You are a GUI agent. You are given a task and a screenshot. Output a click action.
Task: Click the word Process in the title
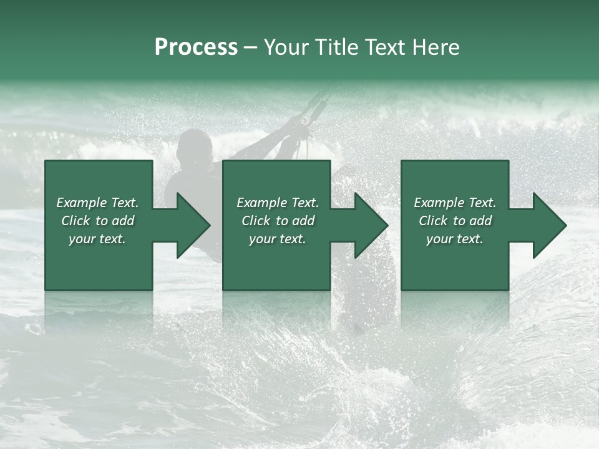(x=196, y=47)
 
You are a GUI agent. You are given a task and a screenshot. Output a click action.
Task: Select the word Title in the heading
(x=336, y=47)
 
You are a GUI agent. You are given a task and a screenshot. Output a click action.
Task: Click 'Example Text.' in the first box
(x=97, y=203)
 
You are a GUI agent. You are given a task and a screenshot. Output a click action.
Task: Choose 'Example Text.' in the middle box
(x=278, y=203)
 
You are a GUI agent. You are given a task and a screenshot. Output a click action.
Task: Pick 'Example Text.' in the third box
(x=455, y=203)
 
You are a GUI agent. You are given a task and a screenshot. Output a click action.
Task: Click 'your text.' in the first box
(x=97, y=239)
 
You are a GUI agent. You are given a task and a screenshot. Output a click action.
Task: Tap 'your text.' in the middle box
(x=278, y=239)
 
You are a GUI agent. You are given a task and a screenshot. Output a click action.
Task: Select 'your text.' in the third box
(x=455, y=239)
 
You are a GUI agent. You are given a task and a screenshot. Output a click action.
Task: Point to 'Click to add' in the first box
(x=97, y=221)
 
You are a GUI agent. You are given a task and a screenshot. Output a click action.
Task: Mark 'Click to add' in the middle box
(x=278, y=221)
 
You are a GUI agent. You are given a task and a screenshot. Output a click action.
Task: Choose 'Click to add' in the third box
(x=455, y=221)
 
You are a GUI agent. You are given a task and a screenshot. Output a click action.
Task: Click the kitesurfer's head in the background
(x=194, y=147)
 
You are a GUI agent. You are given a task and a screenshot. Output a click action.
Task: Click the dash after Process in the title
(x=250, y=49)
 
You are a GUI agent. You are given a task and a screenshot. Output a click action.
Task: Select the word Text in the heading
(x=387, y=47)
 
